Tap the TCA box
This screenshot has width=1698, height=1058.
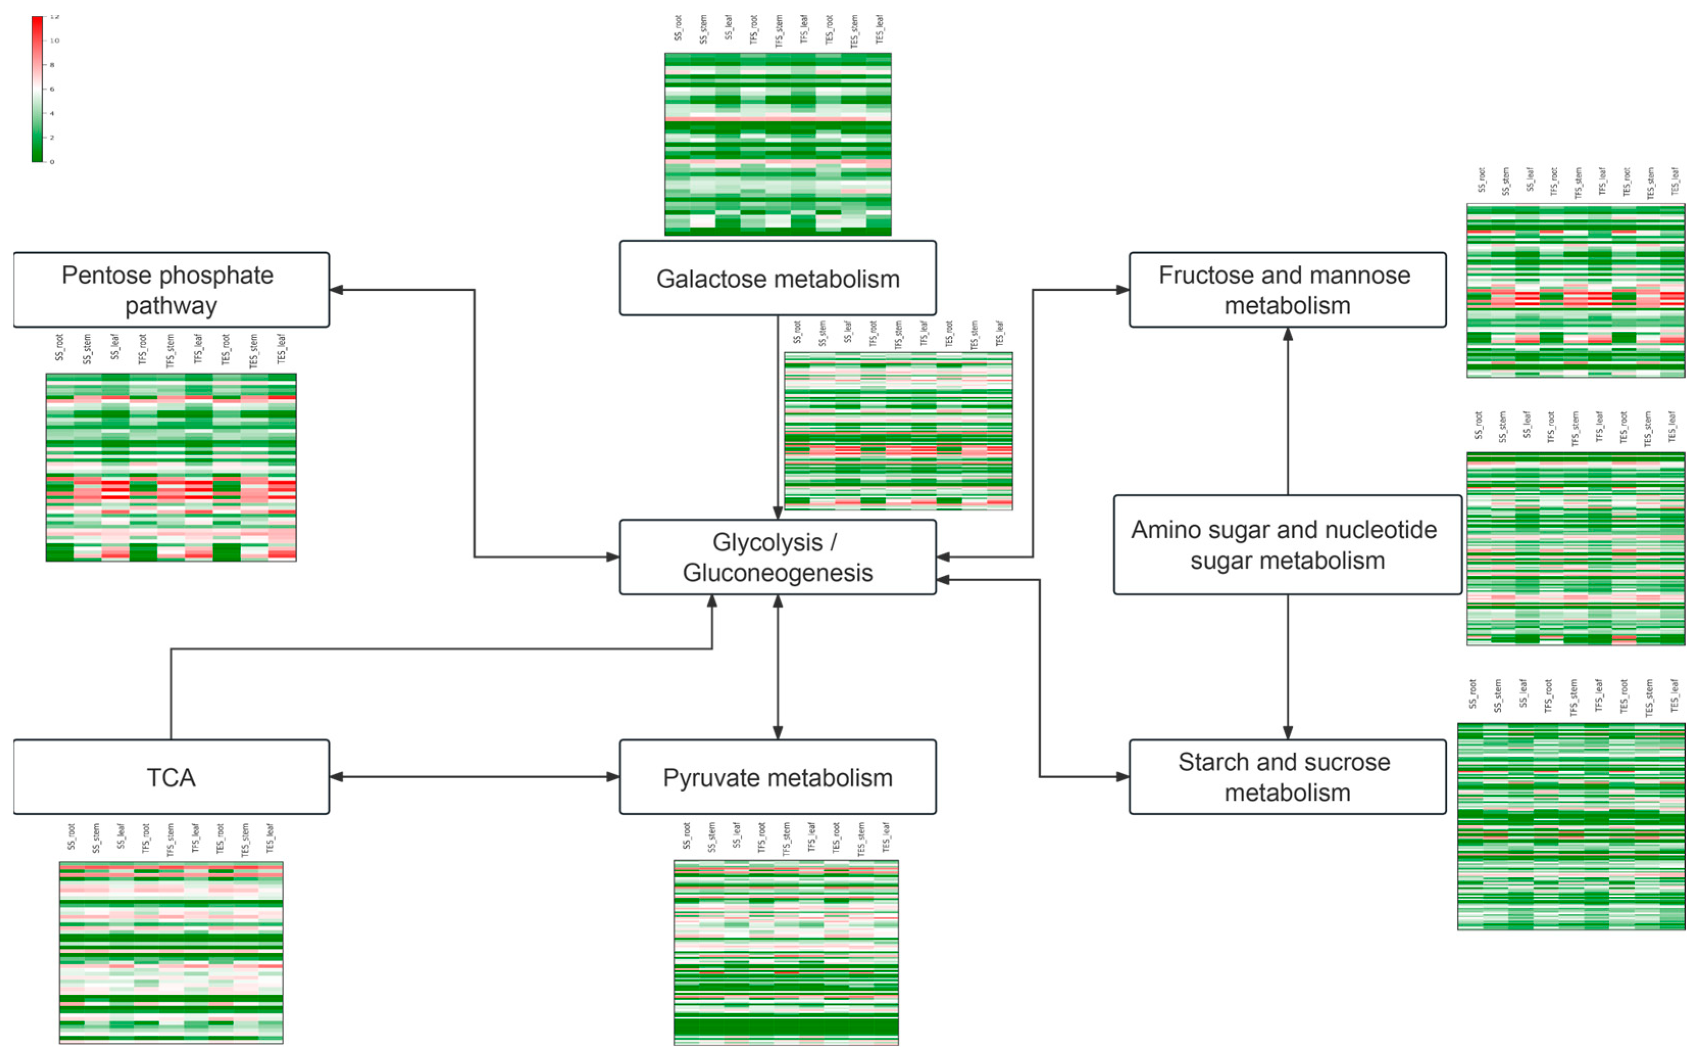(x=171, y=777)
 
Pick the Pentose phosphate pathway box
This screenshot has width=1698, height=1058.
(x=171, y=290)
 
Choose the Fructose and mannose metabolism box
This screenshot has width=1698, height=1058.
(x=1287, y=290)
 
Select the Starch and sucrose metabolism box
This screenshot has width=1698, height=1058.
(x=1287, y=777)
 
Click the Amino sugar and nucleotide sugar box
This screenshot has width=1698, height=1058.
(x=1287, y=545)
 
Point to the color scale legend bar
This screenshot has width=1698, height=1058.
(x=37, y=89)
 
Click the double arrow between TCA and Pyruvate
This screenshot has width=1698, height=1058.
(x=474, y=777)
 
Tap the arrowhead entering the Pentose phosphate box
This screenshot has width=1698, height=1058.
(x=336, y=290)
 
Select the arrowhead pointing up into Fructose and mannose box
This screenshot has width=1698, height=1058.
(x=1287, y=334)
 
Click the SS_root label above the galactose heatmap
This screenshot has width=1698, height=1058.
(x=678, y=28)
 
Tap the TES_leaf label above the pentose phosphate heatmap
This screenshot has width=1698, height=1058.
(x=281, y=349)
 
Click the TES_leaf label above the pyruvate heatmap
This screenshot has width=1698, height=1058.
(x=885, y=837)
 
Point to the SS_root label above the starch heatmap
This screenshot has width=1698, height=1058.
(x=1472, y=694)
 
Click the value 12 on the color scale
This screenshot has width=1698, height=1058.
(x=55, y=16)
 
